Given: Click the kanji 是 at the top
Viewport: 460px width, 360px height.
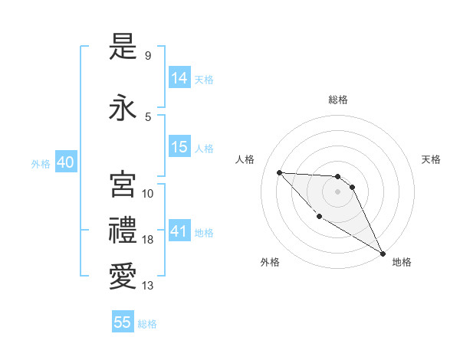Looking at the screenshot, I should (123, 47).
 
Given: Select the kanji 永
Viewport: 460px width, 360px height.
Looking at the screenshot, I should (123, 108).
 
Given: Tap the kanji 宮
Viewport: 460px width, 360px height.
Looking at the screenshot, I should (123, 185).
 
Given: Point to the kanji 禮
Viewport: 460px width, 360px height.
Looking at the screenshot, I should (123, 231).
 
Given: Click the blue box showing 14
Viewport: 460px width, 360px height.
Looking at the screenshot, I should (179, 78).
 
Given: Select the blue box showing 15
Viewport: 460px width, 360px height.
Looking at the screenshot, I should (179, 147).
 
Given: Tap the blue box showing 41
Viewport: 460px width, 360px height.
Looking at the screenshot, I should (179, 231).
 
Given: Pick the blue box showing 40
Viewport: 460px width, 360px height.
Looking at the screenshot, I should (65, 162).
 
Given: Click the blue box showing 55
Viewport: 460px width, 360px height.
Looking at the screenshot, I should (123, 322).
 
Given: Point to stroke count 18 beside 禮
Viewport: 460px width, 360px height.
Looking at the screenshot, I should (148, 240).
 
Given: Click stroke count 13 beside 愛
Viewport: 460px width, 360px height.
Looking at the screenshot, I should (148, 286).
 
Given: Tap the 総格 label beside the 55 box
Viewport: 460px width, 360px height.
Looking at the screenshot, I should (147, 324).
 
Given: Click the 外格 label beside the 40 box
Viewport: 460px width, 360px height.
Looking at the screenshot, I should (41, 164).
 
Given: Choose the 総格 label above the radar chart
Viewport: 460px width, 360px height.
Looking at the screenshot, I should (337, 100).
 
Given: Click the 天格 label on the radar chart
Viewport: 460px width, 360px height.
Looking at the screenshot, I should (431, 159).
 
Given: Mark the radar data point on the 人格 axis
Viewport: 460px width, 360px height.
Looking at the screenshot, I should (279, 172).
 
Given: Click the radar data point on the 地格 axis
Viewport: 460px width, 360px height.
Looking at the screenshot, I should (383, 254).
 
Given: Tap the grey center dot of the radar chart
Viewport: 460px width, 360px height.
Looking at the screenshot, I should (337, 191).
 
